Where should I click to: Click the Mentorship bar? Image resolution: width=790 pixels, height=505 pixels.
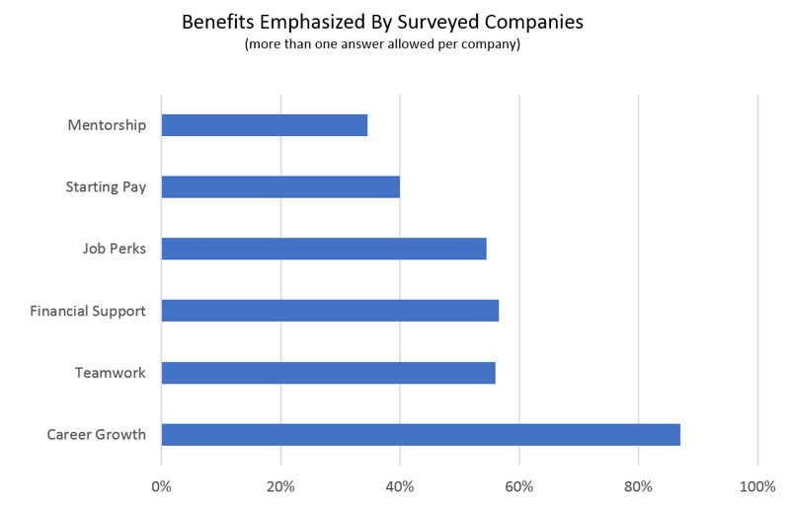(264, 125)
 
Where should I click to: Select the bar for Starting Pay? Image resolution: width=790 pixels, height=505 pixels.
(280, 186)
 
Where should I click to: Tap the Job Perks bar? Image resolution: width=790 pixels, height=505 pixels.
(324, 249)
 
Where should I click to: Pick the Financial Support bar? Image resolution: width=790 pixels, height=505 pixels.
(330, 311)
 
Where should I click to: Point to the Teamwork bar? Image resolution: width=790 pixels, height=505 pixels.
(328, 372)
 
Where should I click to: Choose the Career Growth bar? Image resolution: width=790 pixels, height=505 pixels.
(421, 434)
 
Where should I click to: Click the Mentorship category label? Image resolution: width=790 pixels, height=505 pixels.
(107, 125)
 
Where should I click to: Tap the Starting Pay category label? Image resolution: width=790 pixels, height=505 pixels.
(106, 186)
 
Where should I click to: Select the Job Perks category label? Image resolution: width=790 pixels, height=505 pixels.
(115, 249)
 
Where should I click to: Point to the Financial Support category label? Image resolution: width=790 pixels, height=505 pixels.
(88, 311)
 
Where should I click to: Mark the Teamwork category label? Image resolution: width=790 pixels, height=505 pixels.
(111, 372)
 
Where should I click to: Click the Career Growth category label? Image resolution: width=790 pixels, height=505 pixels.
(97, 434)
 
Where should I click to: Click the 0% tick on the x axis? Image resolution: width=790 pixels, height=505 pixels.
(161, 486)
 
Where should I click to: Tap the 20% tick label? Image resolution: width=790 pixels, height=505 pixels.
(280, 486)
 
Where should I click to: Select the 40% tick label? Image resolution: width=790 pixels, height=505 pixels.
(400, 486)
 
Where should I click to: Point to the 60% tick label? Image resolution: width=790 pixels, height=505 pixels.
(519, 486)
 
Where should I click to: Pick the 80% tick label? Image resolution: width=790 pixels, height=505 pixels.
(639, 486)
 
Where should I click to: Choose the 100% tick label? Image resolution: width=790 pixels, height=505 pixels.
(757, 486)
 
